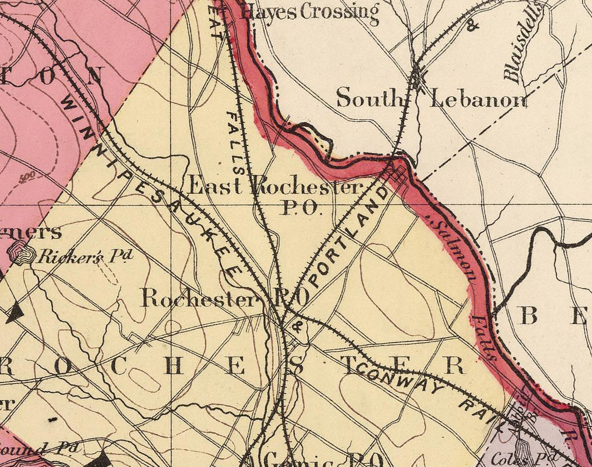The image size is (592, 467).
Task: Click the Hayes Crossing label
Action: pos(310,12)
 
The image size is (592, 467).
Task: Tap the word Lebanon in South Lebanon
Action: pos(479,100)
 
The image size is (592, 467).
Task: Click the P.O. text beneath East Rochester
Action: pos(301,209)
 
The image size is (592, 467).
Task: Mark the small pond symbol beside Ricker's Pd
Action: pos(22,253)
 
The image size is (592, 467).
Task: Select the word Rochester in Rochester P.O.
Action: pos(198,299)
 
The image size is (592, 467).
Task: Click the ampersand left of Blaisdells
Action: pos(472,25)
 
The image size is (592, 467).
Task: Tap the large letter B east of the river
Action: pos(530,317)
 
